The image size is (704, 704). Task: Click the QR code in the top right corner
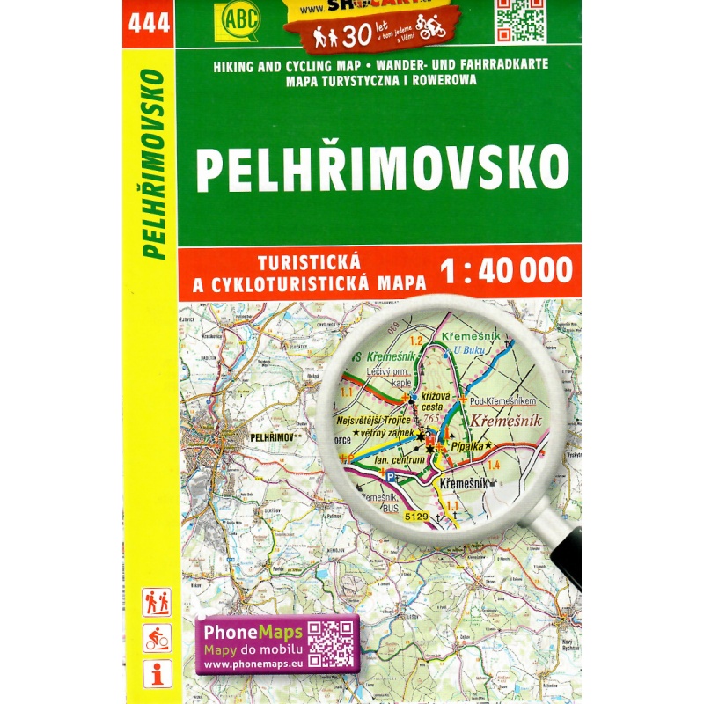coord(520,19)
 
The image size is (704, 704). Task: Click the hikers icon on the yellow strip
coord(157,603)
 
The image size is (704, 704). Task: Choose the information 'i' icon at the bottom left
coord(157,674)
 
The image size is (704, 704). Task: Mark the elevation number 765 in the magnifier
coord(431,420)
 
